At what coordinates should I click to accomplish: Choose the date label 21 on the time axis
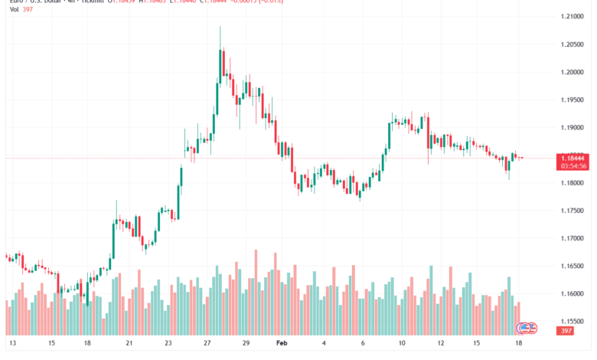[x=129, y=345]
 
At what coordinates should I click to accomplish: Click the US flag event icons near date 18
[x=527, y=327]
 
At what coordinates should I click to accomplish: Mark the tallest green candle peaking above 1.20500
[x=220, y=61]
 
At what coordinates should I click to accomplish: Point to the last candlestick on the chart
[x=521, y=158]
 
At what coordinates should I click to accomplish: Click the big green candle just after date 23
[x=181, y=176]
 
